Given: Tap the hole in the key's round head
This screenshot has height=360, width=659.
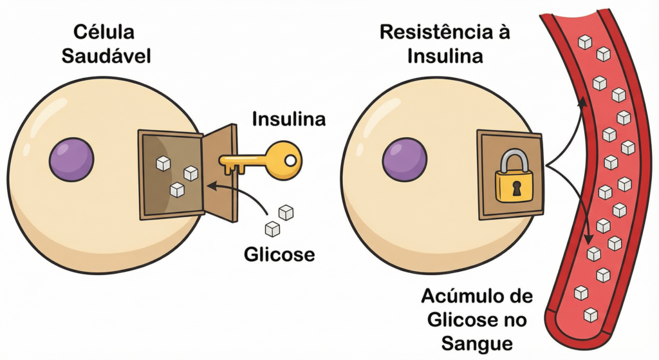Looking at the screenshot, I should coord(291,158).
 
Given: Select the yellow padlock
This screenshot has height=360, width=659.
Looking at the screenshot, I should coord(514,181).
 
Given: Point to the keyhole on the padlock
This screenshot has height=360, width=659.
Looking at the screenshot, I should coord(515,187).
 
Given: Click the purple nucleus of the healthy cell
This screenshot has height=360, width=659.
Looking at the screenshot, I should coord(71,159).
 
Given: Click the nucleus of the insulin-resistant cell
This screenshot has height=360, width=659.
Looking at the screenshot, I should coord(405,159).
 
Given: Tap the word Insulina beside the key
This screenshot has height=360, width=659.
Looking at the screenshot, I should coord(279,120).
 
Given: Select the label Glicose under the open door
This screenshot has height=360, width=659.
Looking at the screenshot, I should coord(279,254).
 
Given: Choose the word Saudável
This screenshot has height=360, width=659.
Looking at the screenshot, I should coord(106,56).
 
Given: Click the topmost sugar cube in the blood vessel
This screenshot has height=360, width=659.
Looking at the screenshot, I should coord(584,43).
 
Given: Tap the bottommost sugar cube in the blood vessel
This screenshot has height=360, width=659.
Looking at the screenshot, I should coord(589,315).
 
